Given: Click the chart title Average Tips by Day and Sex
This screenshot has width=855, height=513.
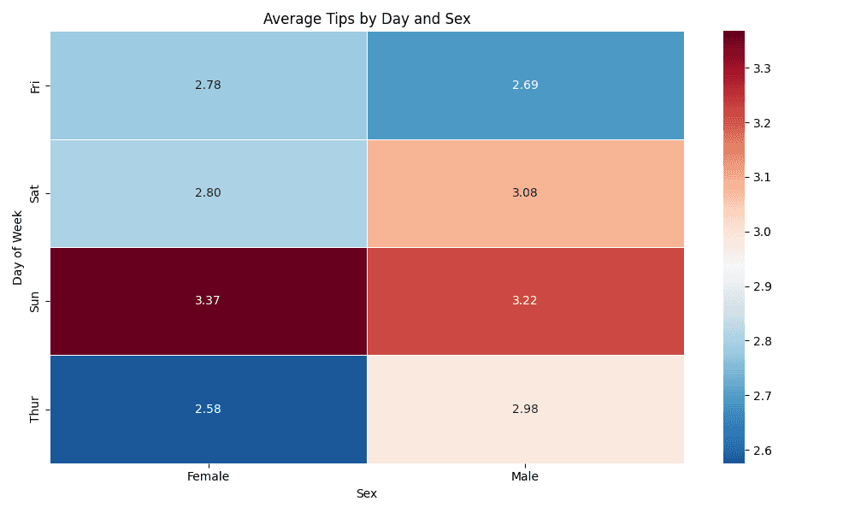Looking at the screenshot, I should (367, 18).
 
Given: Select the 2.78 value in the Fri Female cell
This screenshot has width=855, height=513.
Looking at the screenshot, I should (208, 85).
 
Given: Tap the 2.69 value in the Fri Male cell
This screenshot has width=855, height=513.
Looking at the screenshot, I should (525, 85).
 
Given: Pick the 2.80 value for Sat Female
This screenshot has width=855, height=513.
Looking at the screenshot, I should (208, 193).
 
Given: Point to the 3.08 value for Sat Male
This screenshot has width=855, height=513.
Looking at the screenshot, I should (525, 193).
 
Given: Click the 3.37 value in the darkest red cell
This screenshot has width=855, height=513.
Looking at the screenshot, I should (208, 301).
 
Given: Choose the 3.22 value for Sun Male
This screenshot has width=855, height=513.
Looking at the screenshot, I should (525, 301).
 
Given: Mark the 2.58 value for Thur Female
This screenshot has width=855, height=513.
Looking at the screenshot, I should (208, 409).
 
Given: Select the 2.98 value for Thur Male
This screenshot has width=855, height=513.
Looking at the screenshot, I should (525, 409).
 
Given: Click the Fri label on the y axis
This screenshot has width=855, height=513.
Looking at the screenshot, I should (35, 85).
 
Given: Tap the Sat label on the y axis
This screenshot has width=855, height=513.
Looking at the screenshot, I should (35, 193).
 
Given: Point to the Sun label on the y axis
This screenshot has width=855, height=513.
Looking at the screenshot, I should (35, 301).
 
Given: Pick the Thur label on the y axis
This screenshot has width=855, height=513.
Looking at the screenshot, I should (35, 409).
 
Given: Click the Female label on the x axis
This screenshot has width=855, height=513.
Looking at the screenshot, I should (208, 476).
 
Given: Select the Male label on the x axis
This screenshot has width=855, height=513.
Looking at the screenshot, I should (525, 476).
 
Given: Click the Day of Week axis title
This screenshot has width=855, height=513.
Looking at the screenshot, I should (18, 247).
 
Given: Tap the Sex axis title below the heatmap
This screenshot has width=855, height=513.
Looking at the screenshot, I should (367, 493).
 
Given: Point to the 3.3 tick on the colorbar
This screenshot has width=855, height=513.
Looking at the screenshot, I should (764, 68).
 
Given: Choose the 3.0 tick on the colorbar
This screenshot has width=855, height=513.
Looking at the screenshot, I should (764, 232).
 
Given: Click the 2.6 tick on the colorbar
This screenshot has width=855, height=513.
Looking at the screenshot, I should (764, 450).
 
